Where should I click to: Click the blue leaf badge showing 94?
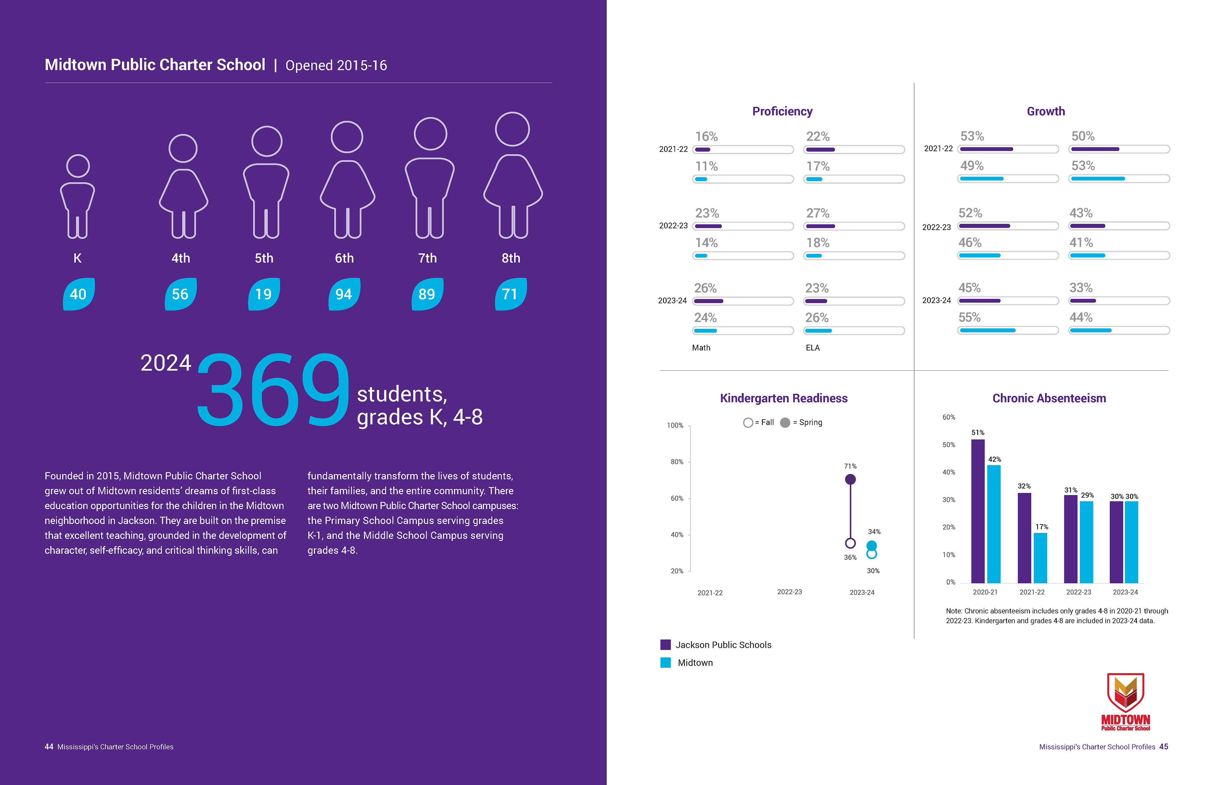(x=344, y=294)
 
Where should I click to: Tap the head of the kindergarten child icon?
(x=78, y=166)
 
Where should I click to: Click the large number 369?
(x=273, y=390)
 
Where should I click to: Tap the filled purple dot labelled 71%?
(x=850, y=479)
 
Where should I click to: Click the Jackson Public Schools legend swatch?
(x=665, y=645)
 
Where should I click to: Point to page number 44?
(x=49, y=747)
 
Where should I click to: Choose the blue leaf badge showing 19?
(x=263, y=294)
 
